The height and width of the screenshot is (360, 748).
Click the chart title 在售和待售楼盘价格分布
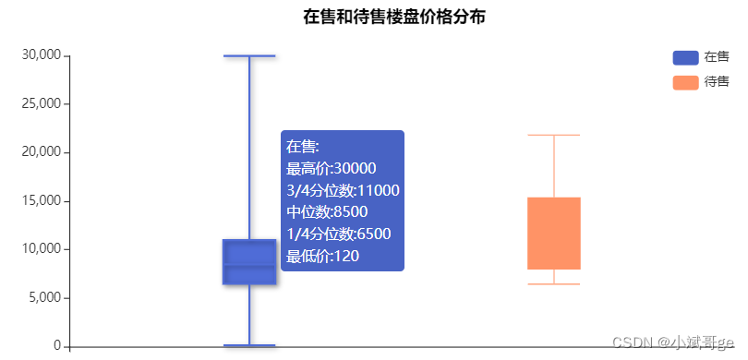(394, 17)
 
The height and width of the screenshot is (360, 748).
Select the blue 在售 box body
(249, 261)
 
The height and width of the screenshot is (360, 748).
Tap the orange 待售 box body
(554, 233)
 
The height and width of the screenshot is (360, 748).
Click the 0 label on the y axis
(57, 346)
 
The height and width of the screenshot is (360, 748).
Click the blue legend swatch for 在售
(685, 57)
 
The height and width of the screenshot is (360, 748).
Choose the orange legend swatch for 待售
(685, 82)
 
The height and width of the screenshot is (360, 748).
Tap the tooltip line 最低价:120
(322, 257)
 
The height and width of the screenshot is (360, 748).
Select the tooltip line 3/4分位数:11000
(343, 190)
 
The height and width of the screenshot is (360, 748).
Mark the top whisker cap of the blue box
(249, 56)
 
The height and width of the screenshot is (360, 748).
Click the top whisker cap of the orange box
(554, 136)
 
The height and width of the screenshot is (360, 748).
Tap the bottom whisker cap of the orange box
(554, 284)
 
